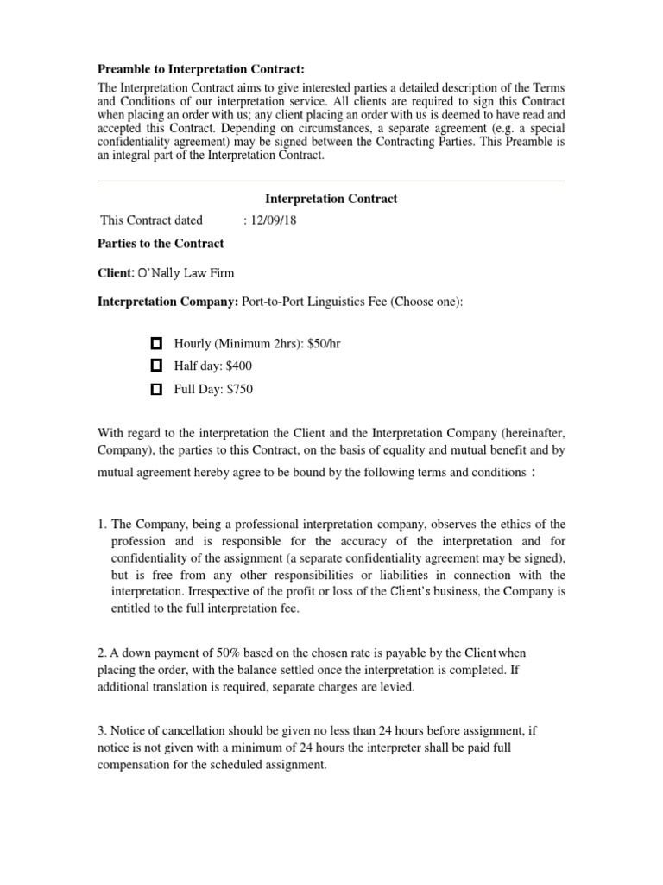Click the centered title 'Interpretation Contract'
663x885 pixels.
point(331,199)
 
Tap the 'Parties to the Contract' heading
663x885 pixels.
point(161,244)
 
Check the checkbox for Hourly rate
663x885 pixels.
point(156,343)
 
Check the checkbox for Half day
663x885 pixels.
point(156,366)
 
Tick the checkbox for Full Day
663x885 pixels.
point(156,390)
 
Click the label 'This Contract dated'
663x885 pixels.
point(152,220)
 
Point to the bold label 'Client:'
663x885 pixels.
point(116,273)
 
